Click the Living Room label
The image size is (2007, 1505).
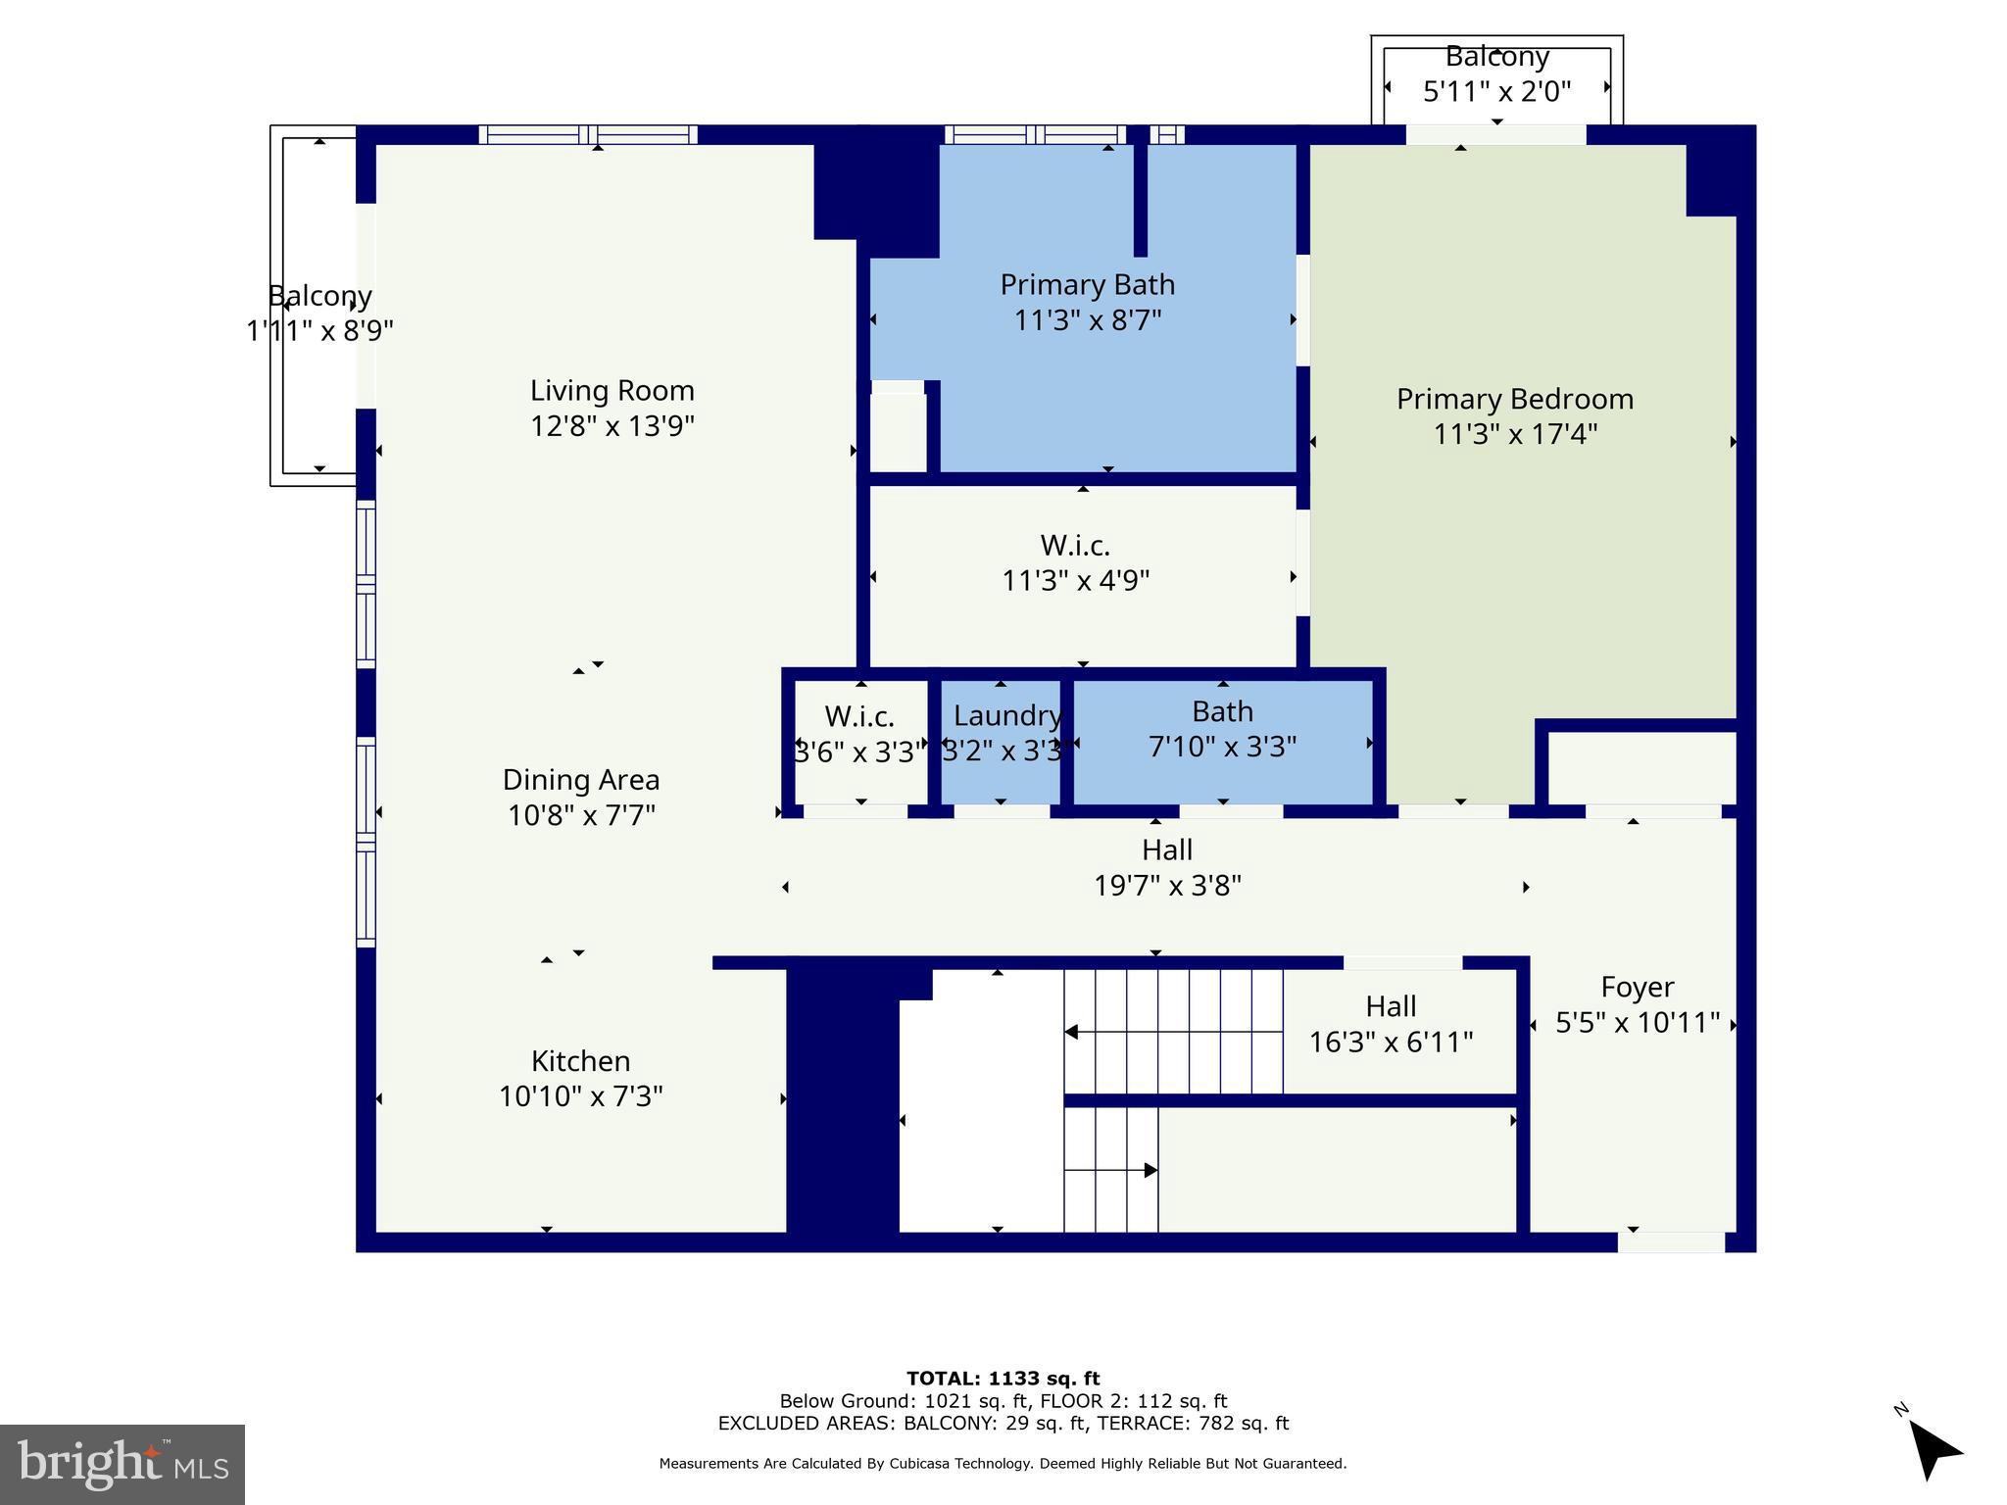pos(612,391)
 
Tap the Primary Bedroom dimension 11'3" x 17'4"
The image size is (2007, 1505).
pos(1515,434)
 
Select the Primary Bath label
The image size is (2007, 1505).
pos(1087,285)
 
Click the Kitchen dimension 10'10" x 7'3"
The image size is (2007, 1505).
pos(580,1096)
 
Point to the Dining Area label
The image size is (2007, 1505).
pos(580,780)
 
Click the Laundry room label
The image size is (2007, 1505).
pos(1006,716)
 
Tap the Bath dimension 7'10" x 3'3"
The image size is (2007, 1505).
pos(1222,748)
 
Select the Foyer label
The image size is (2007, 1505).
pos(1637,987)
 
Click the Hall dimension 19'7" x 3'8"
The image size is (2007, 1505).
pos(1167,886)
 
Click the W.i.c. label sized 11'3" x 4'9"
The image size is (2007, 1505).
pos(1075,546)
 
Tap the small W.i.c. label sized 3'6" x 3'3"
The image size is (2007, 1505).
pos(859,717)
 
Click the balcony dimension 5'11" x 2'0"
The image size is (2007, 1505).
pos(1496,92)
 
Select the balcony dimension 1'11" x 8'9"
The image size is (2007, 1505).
pos(319,331)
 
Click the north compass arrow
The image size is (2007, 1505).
pos(1934,1451)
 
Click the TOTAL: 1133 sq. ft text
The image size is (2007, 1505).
pos(1003,1379)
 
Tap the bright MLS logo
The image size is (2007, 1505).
pos(122,1465)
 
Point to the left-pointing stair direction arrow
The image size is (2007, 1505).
pos(1072,1032)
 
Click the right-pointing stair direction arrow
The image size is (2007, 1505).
pos(1150,1170)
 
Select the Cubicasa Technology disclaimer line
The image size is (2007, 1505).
pos(1003,1464)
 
